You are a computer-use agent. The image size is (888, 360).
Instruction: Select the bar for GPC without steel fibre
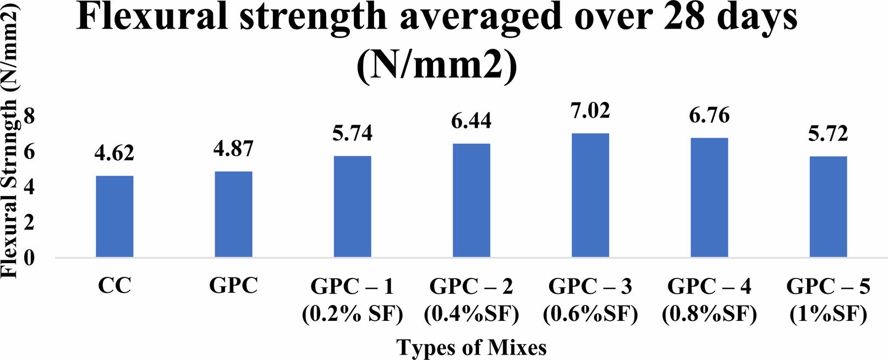click(233, 214)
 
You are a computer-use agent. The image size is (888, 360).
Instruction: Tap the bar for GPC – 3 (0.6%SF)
click(590, 195)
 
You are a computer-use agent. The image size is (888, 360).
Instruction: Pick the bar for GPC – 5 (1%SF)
click(828, 207)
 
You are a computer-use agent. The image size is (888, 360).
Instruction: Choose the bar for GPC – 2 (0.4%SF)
click(472, 200)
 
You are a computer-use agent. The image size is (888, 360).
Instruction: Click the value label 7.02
click(590, 111)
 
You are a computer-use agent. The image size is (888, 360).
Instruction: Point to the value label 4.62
click(114, 153)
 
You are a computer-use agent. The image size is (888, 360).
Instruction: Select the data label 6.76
click(709, 116)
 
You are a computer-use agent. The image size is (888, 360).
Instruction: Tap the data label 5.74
click(352, 133)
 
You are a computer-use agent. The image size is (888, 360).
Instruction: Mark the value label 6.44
click(472, 121)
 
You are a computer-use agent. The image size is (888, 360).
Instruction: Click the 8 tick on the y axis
click(29, 116)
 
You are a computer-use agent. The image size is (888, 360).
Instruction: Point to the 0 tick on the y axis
click(29, 258)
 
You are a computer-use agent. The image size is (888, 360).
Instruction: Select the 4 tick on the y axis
click(29, 187)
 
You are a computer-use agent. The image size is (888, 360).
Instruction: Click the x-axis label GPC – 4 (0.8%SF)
click(709, 300)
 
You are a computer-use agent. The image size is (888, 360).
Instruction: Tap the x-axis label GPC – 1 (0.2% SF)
click(352, 300)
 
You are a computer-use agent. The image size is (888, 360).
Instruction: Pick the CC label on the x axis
click(114, 286)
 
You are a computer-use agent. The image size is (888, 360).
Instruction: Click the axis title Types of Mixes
click(472, 348)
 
